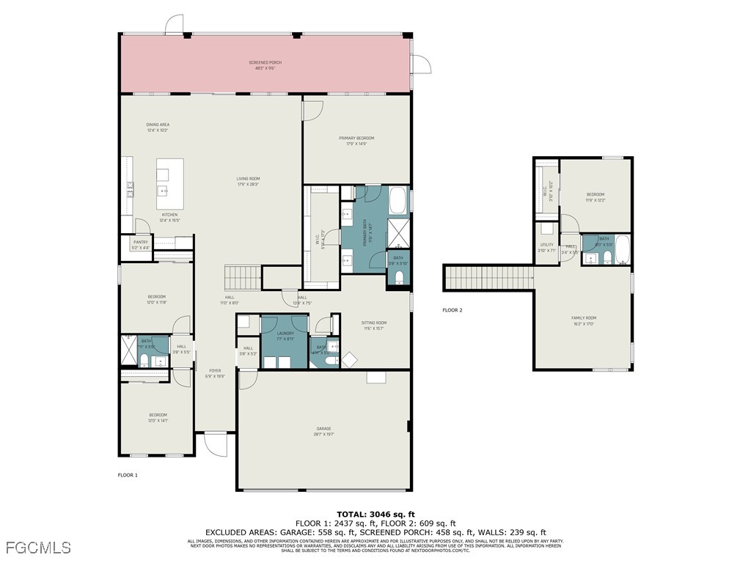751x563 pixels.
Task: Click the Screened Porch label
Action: pos(265,65)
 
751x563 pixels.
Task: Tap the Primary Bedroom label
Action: pos(356,140)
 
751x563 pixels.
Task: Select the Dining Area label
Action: pos(158,127)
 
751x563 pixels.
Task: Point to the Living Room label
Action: pos(248,180)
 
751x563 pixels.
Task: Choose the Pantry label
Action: pos(140,245)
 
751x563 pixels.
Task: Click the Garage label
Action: pos(323,430)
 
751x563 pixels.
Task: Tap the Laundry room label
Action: pos(285,336)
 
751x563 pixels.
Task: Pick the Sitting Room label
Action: pos(373,325)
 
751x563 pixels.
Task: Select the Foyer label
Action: pos(215,372)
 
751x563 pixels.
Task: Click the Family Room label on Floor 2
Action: pos(584,320)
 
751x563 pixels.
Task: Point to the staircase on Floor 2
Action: pos(488,278)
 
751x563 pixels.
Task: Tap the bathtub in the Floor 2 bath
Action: pos(623,251)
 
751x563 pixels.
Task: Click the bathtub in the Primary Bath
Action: pos(398,199)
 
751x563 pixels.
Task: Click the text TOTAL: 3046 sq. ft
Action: pos(375,514)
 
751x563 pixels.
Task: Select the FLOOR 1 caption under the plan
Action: pos(128,475)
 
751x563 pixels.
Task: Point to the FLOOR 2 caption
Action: pos(453,310)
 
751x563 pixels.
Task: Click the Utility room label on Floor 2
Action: pos(547,247)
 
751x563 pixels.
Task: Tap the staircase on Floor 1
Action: pos(243,278)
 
